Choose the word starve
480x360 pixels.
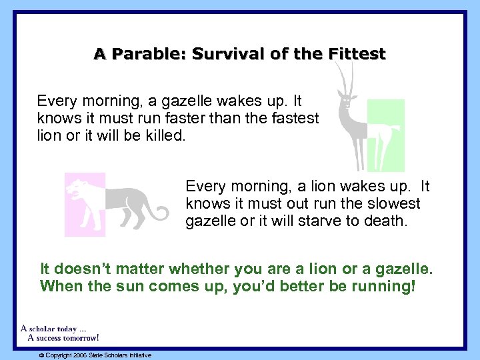[304, 221]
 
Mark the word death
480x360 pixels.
[385, 221]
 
